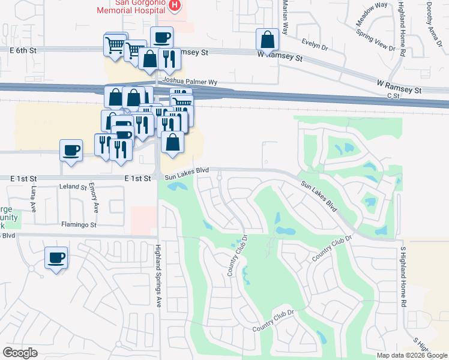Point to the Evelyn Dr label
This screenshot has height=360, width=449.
point(314,44)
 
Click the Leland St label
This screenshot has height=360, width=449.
point(73,187)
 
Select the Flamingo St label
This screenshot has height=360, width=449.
point(79,225)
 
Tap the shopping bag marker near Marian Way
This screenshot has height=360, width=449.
point(267,40)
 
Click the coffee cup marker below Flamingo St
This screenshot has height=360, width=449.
point(56,257)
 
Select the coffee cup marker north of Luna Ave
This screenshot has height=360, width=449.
point(71,149)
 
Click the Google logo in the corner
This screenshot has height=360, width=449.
point(20,353)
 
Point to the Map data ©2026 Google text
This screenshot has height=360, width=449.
point(412,355)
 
